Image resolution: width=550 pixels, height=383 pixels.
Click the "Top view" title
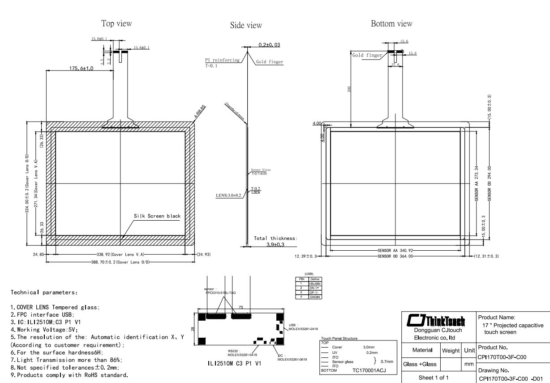tap(116, 23)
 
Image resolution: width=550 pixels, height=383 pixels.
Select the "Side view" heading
tap(246, 26)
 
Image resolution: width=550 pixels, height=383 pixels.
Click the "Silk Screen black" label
tap(157, 216)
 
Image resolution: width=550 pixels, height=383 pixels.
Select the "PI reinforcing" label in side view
tap(222, 60)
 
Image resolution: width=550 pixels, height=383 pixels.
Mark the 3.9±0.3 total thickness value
tap(275, 244)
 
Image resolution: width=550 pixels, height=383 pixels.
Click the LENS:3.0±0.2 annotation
tap(228, 196)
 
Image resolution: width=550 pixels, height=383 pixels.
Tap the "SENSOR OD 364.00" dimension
tap(396, 256)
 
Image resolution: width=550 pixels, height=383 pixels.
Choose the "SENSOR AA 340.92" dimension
tap(396, 250)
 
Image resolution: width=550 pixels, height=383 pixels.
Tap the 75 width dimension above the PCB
tap(241, 308)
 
